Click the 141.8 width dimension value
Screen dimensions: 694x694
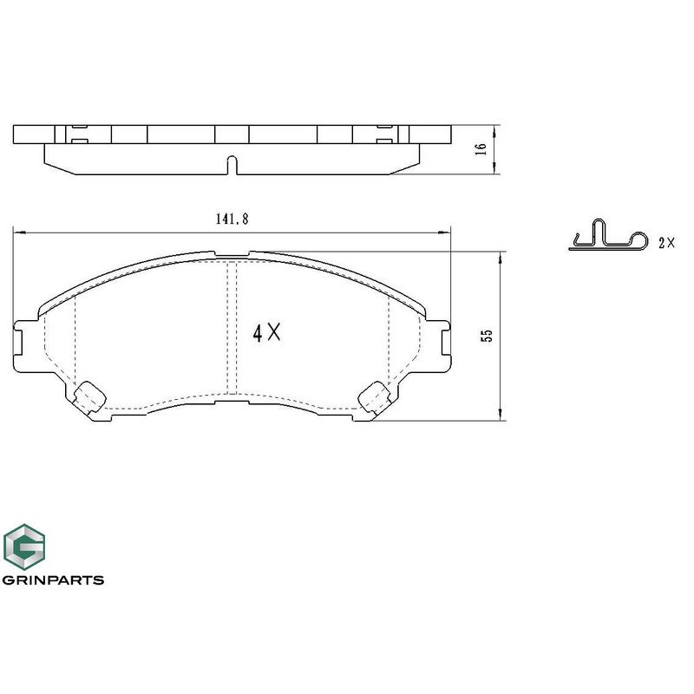pyautogui.click(x=232, y=219)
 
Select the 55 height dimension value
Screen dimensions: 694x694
pyautogui.click(x=487, y=335)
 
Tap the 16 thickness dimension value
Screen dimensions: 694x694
pyautogui.click(x=481, y=148)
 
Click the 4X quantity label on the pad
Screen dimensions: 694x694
pyautogui.click(x=266, y=332)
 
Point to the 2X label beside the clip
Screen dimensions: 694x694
pyautogui.click(x=666, y=243)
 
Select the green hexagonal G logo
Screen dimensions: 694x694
pyautogui.click(x=24, y=547)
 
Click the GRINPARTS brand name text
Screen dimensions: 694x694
pyautogui.click(x=53, y=579)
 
